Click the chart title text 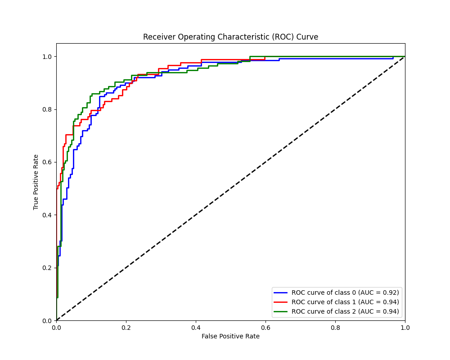(230, 37)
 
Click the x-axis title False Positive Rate (230, 336)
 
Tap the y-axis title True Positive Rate (36, 182)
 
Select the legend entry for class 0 (345, 292)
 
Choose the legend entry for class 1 (345, 302)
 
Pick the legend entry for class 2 (345, 311)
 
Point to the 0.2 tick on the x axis (126, 328)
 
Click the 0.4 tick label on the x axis (196, 328)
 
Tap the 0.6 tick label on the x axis (265, 328)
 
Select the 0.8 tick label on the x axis (335, 328)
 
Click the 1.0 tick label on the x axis (405, 328)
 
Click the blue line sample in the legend (281, 292)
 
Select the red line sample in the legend (281, 302)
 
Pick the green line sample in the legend (281, 311)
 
